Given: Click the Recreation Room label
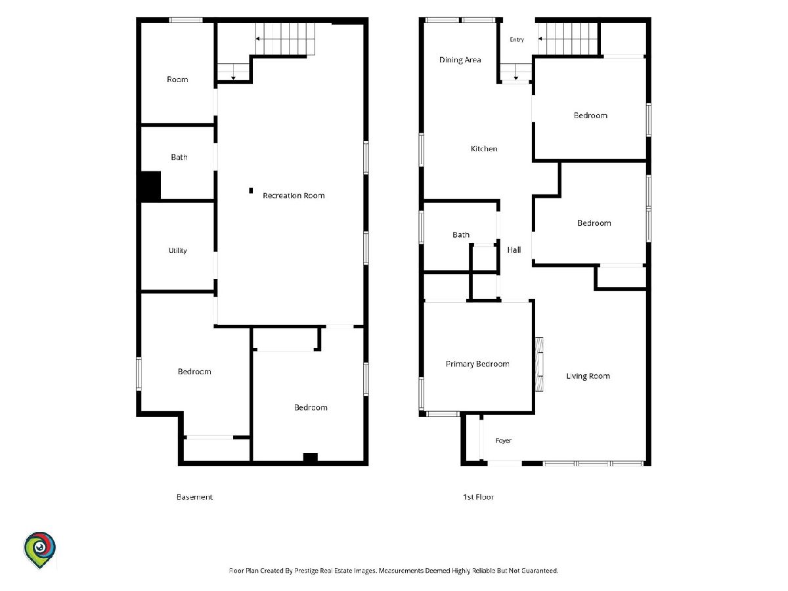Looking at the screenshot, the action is coord(294,196).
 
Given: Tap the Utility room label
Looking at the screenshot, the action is coord(178,250).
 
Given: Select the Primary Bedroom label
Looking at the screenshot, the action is coord(477,364).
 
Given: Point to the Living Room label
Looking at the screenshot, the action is coord(588,376).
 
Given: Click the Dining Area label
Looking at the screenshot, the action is coord(460,60).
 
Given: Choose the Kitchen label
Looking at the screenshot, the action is coord(484,148).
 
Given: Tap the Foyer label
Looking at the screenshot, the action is coord(503,441).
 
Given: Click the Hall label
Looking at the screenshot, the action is coord(514,250).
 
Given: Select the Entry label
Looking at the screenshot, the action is coord(517,39).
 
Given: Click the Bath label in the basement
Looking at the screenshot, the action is coord(179,157).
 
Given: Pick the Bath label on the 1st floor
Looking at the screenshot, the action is coord(461,234).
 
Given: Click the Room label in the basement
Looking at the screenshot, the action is coord(177,79).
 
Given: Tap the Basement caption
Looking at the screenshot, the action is coord(194,497).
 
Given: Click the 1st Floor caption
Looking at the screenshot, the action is coord(478,497).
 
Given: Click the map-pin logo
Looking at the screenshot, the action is coord(39,550).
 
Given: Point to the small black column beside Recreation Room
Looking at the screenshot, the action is coord(251,190).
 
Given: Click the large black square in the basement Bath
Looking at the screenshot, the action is coord(150,186).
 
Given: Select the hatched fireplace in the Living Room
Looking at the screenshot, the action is coord(539,364).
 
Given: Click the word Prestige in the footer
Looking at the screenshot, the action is coord(306,571).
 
